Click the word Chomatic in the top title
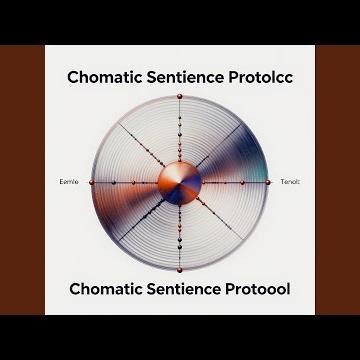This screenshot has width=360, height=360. click(x=108, y=76)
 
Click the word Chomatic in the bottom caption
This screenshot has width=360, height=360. click(x=108, y=290)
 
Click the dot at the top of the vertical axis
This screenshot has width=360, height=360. click(x=179, y=97)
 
